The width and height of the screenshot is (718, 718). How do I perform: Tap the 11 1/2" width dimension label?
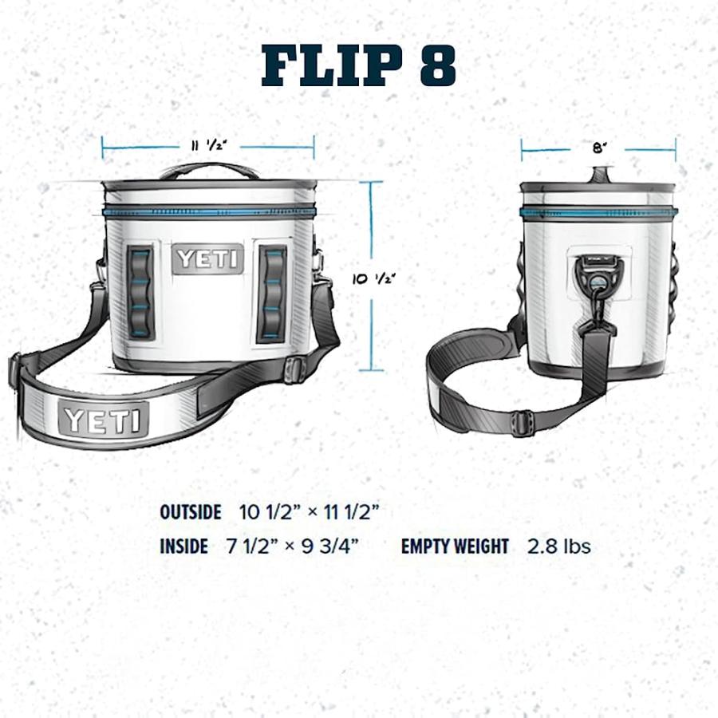(x=209, y=145)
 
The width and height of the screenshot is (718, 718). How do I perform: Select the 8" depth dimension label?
(x=598, y=148)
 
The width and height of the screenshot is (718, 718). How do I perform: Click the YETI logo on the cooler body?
(x=208, y=259)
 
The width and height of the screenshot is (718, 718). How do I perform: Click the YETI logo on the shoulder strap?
(x=104, y=419)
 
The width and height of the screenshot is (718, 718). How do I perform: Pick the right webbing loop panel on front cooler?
(x=272, y=294)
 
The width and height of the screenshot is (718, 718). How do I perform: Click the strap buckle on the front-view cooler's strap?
(x=295, y=369)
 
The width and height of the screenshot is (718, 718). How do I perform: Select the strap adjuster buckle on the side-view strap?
(x=523, y=423)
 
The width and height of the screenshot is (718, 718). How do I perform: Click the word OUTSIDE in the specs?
(x=190, y=512)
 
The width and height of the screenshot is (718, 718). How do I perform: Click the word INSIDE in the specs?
(x=183, y=546)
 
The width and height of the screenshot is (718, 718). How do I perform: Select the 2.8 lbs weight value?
(x=558, y=546)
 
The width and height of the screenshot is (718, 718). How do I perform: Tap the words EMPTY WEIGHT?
(x=455, y=546)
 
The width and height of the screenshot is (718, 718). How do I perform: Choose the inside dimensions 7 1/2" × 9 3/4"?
(x=292, y=546)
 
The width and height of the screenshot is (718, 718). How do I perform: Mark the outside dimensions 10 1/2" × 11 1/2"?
(x=310, y=512)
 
